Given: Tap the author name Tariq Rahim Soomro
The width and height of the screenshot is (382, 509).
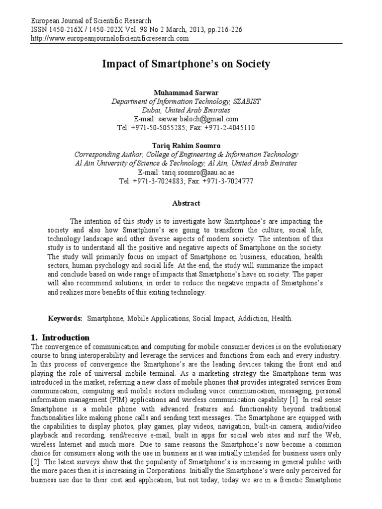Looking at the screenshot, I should click(186, 145).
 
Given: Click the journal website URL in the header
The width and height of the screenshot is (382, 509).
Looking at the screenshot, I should click(109, 38).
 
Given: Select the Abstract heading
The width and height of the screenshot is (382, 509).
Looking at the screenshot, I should click(186, 203).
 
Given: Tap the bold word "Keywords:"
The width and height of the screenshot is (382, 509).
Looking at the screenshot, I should click(65, 318).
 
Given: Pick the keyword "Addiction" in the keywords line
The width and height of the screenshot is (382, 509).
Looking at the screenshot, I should click(255, 318).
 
